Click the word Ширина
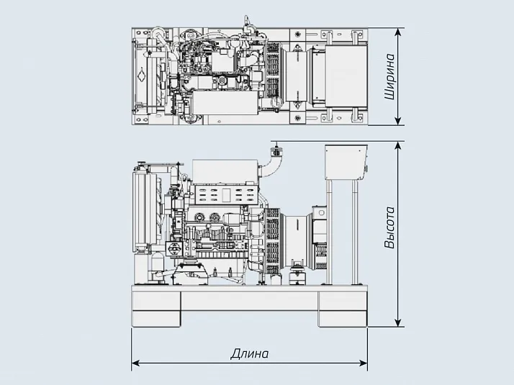pos(389,76)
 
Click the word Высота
pos(389,229)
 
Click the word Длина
pos(249,354)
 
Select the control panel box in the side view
pos(346,163)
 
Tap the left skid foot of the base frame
pos(155,307)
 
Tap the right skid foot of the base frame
pos(343,307)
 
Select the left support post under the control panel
pos(329,230)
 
